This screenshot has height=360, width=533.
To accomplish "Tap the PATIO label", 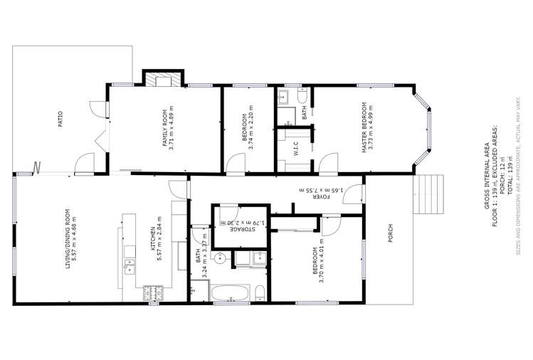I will (60, 118).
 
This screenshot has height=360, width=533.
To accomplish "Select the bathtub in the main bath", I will (229, 292).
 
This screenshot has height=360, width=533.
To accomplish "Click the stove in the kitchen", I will (153, 292).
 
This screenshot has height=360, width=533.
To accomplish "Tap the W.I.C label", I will (295, 149).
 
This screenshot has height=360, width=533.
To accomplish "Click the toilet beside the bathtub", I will (260, 292).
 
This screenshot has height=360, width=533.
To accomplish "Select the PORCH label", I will (390, 235).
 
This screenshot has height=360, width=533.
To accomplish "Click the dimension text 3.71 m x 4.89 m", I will (171, 129).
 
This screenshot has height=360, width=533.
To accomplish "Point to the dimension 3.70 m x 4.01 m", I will (321, 265).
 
